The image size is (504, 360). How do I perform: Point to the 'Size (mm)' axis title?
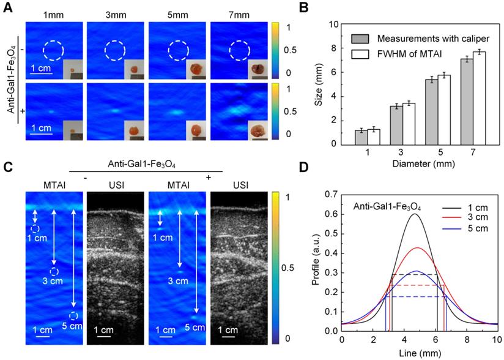pos(318,84)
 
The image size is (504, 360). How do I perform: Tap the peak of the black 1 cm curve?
pos(415,214)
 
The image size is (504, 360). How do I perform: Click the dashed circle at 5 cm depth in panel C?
pos(73,316)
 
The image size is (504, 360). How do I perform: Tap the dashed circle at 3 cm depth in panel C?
pos(54,271)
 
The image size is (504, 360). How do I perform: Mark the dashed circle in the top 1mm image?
pos(53,51)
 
